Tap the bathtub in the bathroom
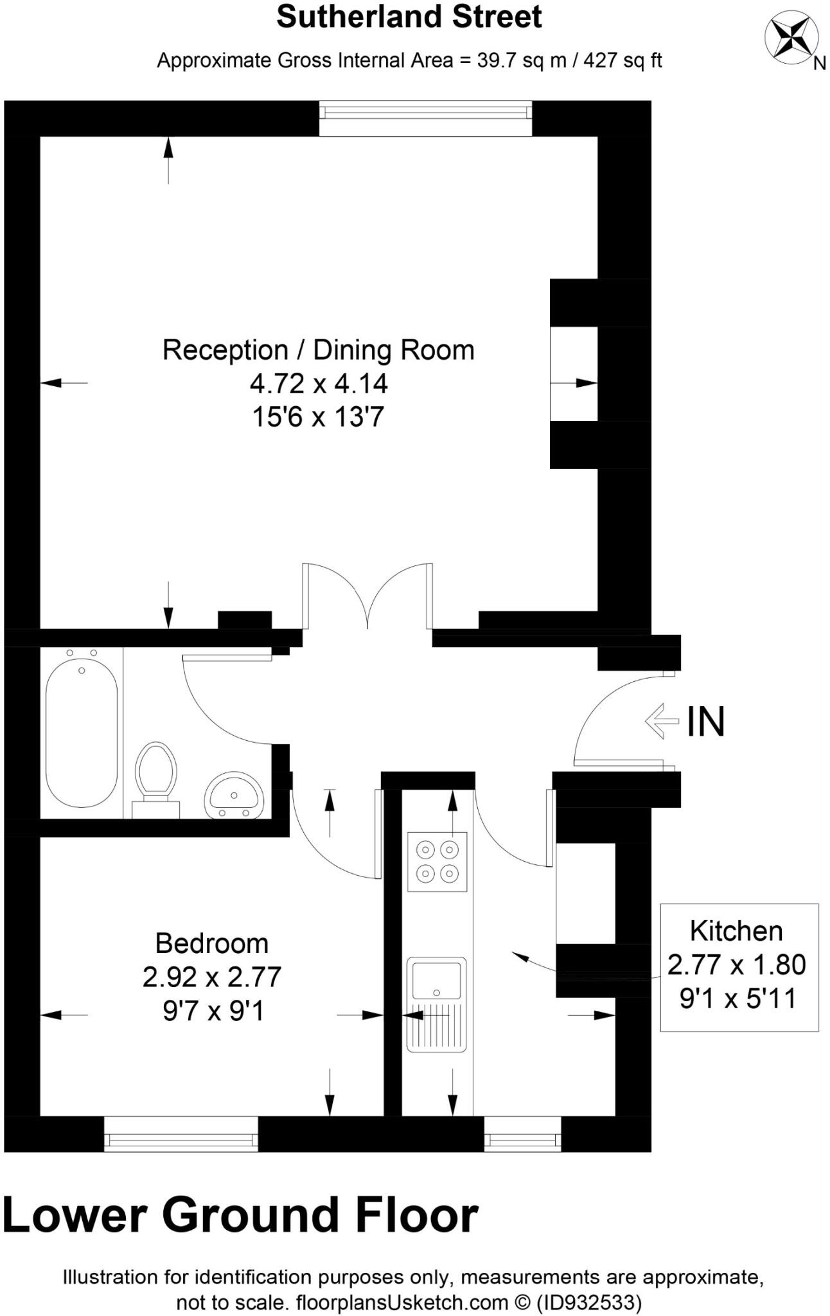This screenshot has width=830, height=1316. (82, 733)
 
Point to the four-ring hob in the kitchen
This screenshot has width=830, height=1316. (437, 862)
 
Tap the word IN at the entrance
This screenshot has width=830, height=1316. (705, 722)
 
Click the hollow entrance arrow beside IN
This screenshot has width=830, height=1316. (662, 721)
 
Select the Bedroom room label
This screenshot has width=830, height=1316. (211, 943)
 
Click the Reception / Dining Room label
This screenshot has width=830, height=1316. (318, 350)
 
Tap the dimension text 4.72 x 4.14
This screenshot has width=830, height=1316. (318, 384)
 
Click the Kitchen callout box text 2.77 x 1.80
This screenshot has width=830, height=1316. (736, 965)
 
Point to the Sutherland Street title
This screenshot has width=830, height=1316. (409, 17)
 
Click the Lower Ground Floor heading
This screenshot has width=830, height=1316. (241, 1215)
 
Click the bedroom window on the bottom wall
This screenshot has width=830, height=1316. (181, 1140)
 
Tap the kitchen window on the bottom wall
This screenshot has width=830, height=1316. (522, 1141)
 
